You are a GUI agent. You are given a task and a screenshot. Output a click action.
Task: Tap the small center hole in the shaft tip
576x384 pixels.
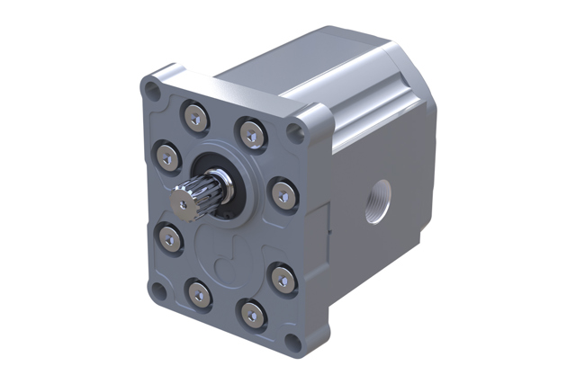coord(184,206)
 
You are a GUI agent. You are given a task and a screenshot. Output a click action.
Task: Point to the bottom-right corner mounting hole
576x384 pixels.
coord(292,343)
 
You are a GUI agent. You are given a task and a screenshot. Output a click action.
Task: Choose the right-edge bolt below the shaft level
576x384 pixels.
coord(281,275)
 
